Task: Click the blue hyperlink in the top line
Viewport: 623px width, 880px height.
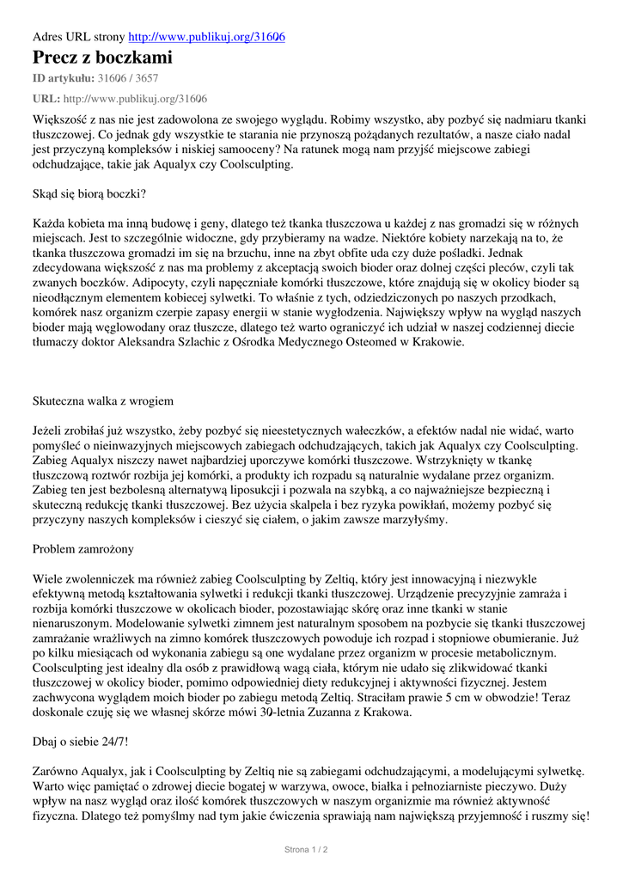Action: (x=207, y=38)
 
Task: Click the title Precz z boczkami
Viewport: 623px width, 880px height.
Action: (x=102, y=58)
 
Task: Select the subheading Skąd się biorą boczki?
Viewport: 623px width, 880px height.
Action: (x=89, y=194)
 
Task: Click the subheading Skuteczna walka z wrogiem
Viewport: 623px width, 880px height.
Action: (x=103, y=400)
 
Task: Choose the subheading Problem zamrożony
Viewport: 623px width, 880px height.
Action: (x=82, y=548)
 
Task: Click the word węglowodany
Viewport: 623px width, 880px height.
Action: (x=129, y=327)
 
